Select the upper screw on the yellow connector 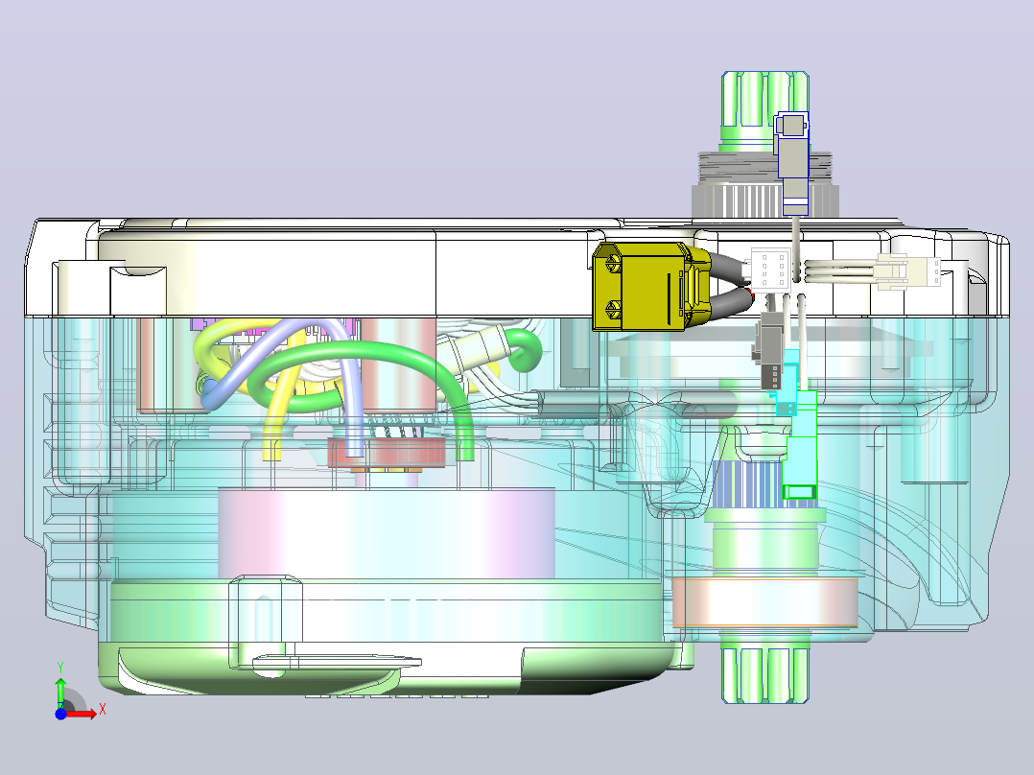(x=613, y=263)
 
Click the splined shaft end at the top (x=765, y=107)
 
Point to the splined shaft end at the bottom (x=765, y=674)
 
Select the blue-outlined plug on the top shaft (x=792, y=162)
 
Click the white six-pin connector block (x=770, y=270)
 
